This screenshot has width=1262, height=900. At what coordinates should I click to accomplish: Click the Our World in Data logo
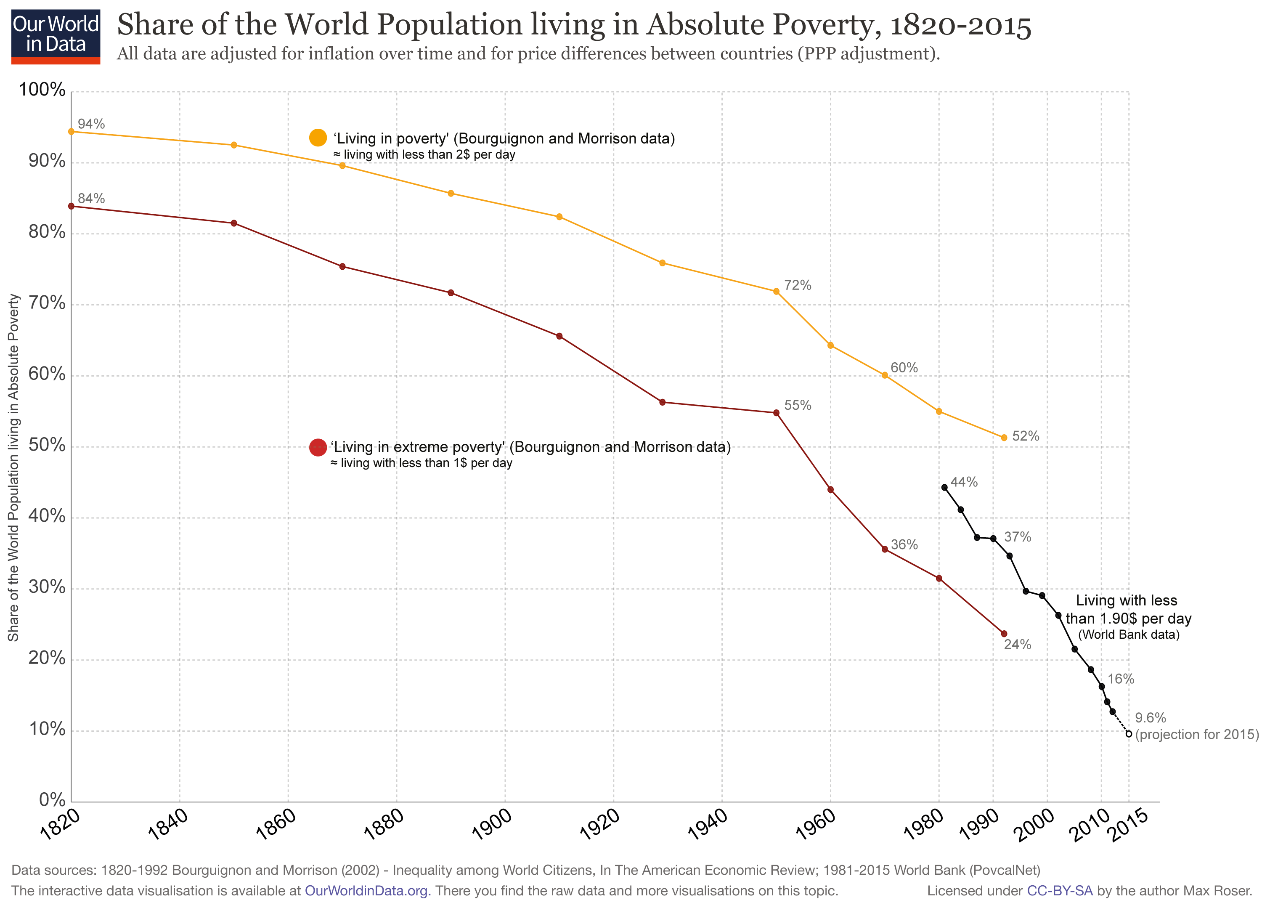coord(56,36)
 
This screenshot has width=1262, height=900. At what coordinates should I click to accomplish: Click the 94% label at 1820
coord(91,124)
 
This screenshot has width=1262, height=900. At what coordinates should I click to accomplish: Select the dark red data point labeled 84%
coord(71,206)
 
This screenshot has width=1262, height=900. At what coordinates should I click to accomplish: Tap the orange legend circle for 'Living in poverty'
coord(318,138)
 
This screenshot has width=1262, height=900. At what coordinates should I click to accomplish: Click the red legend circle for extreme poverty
coord(318,447)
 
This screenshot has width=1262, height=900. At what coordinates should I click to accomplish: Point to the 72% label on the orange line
coord(797,285)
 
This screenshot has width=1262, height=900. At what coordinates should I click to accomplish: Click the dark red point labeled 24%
coord(1004,633)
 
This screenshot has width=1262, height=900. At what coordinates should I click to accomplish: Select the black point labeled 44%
coord(944,488)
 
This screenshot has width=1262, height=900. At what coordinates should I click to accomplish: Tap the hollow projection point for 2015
coord(1129,734)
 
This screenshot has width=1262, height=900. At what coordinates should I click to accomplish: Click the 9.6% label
coord(1150,718)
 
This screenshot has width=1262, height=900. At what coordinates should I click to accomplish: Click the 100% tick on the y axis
coord(42,89)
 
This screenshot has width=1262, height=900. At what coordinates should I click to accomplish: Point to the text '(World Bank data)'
coord(1129,635)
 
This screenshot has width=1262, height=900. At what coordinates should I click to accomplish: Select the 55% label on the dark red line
coord(797,405)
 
